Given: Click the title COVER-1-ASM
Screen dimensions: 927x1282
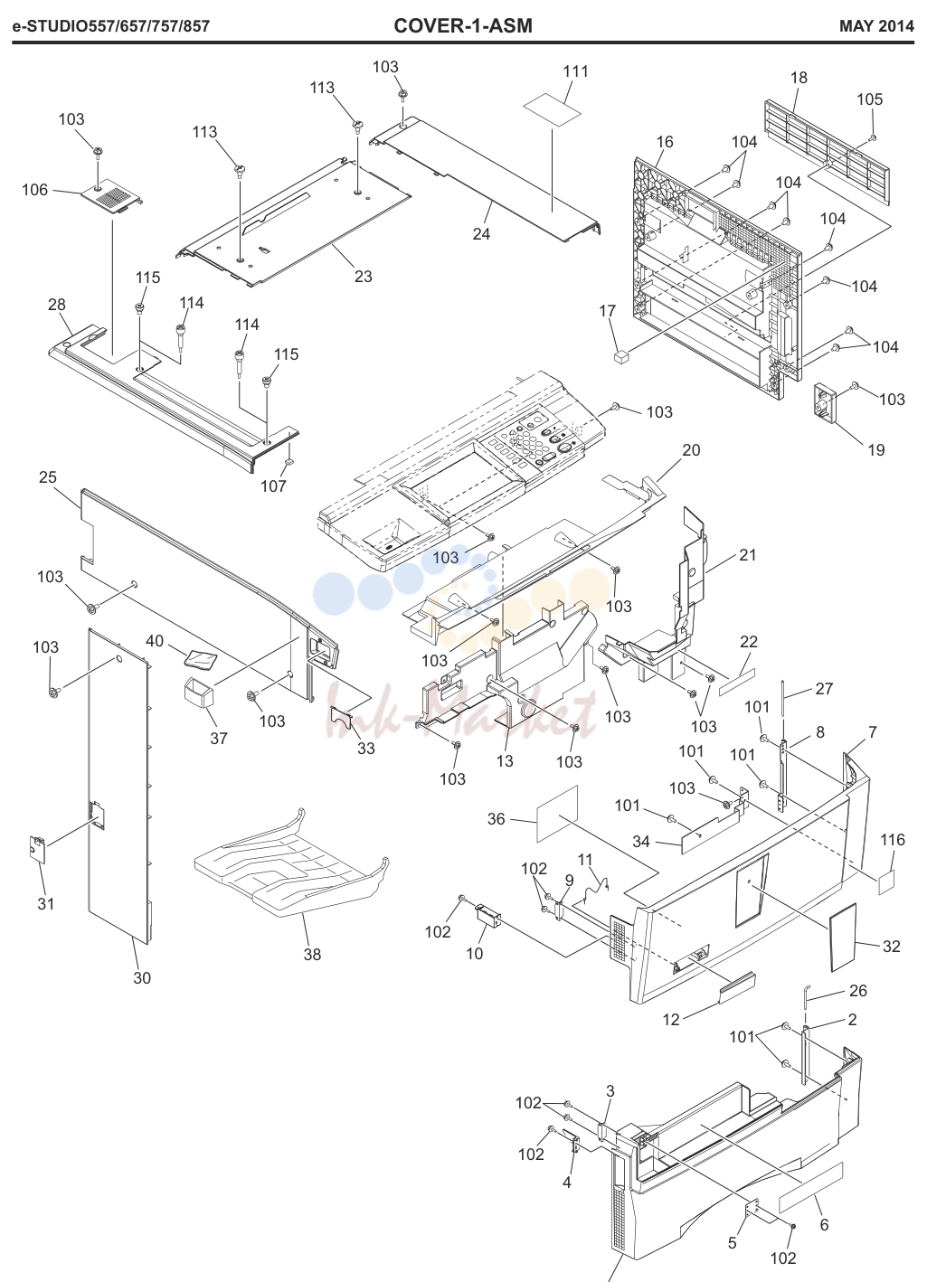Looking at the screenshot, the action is tap(463, 25).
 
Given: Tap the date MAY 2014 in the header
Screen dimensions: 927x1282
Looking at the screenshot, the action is tap(876, 26).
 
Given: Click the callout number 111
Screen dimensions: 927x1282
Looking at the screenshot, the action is tap(575, 71).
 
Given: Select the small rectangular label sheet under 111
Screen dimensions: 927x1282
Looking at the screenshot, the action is tap(553, 108).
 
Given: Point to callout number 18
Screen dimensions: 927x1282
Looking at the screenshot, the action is tap(799, 77).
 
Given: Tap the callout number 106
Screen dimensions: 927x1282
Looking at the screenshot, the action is tap(35, 190).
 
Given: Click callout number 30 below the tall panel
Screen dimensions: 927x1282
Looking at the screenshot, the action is tap(142, 978).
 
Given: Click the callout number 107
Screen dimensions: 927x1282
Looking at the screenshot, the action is tap(273, 485).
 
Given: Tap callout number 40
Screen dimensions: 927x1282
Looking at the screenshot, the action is tap(155, 640).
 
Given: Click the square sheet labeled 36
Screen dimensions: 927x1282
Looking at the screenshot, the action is tap(557, 814).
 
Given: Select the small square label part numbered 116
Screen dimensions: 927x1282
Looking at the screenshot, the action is tap(886, 882).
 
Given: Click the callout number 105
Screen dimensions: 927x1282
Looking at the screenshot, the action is tap(869, 99).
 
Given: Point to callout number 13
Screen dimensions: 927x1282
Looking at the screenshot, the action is tap(505, 761).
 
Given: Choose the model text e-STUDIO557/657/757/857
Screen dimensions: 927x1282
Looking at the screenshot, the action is tap(111, 26).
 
